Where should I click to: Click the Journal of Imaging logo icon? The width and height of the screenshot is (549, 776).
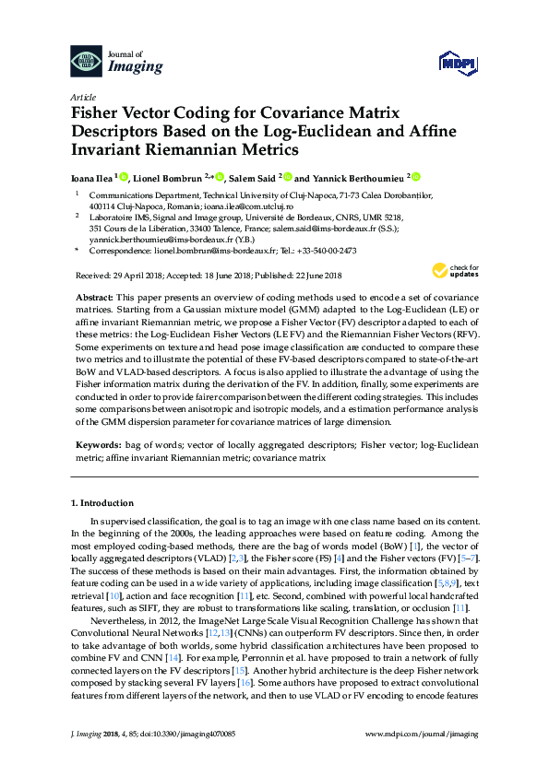click(x=87, y=62)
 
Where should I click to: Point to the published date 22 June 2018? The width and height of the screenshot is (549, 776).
click(x=312, y=276)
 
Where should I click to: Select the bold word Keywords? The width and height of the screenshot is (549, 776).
click(x=99, y=444)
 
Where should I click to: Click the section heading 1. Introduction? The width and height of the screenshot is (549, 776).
click(x=102, y=503)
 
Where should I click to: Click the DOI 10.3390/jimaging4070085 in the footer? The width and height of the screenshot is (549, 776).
click(x=179, y=758)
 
